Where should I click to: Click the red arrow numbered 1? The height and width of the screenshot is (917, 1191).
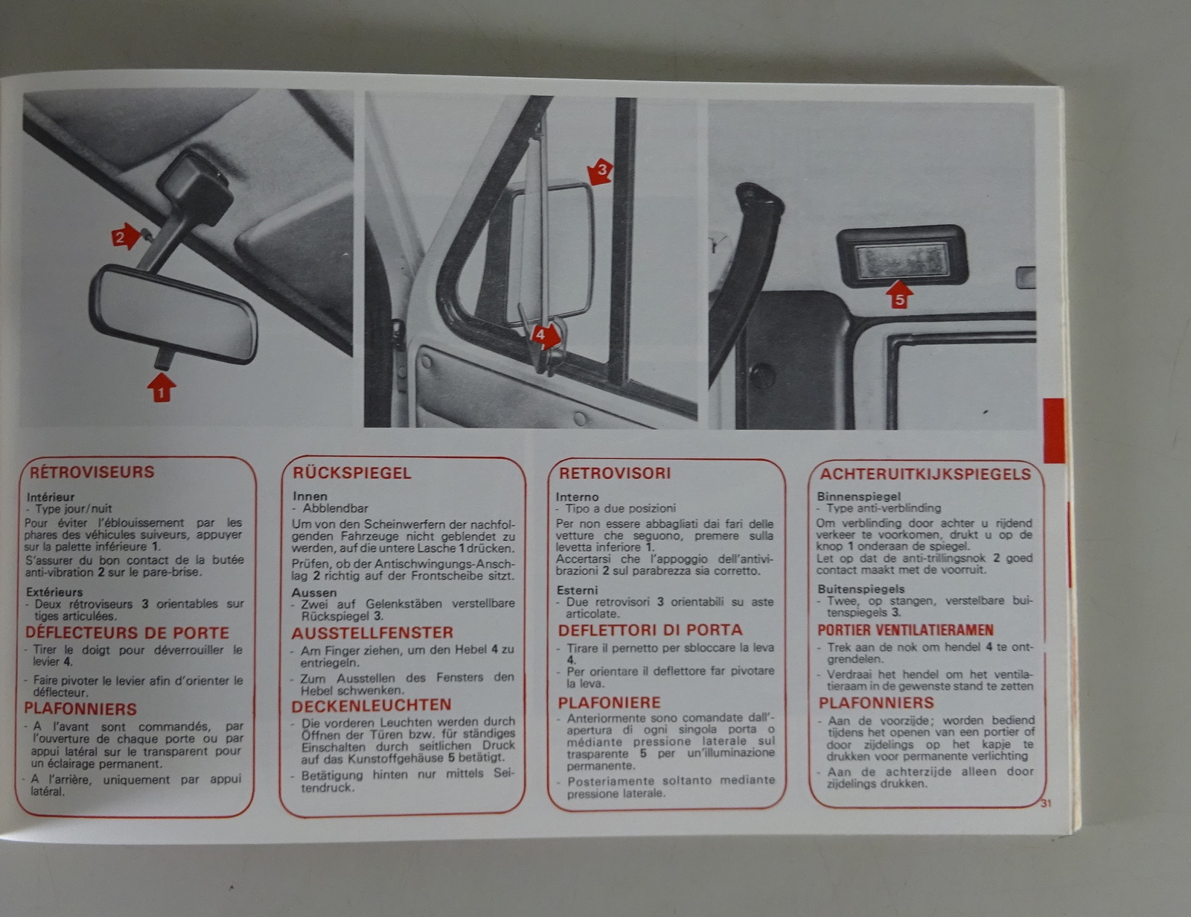(x=161, y=387)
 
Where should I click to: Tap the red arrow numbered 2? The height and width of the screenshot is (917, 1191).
(x=126, y=236)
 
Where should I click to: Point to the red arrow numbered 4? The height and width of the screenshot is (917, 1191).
(x=546, y=335)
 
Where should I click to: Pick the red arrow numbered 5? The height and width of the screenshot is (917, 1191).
(x=899, y=294)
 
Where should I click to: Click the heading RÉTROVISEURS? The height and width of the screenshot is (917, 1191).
(x=92, y=472)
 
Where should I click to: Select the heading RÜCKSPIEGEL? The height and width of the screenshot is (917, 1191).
(x=352, y=473)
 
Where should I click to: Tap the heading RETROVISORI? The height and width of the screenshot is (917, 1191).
(x=615, y=473)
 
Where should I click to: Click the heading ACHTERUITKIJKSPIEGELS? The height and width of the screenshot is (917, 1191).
(x=926, y=474)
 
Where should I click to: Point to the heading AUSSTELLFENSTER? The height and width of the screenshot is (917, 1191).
(x=373, y=633)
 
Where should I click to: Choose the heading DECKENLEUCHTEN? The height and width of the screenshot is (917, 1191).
(x=371, y=705)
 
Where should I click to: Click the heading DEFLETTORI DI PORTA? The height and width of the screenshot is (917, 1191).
(x=650, y=630)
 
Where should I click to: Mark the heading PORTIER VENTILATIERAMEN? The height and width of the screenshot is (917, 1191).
(x=905, y=630)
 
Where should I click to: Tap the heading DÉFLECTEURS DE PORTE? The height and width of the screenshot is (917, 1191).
(x=127, y=633)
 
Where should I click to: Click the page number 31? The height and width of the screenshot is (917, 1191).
(x=1047, y=804)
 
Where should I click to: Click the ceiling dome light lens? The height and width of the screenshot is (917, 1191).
(x=902, y=260)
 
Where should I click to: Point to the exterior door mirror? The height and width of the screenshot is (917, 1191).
(x=551, y=254)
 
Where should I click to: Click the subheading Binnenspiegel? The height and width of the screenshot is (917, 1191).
(x=859, y=496)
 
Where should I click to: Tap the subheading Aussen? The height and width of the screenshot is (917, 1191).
(x=314, y=592)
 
